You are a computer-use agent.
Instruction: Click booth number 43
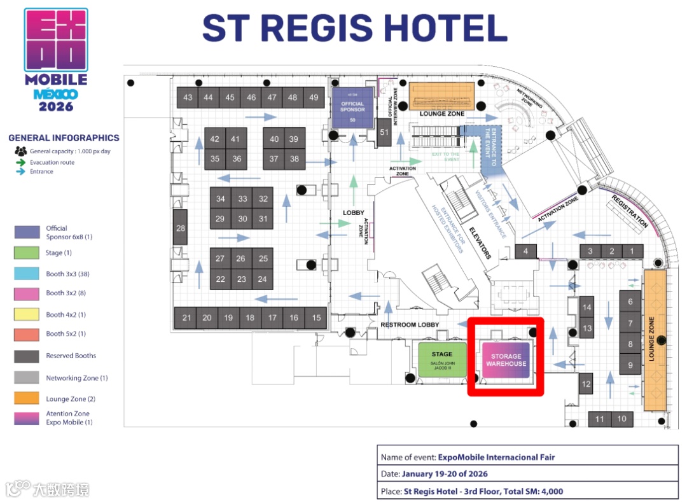[188, 97]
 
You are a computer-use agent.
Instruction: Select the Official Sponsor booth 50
[352, 108]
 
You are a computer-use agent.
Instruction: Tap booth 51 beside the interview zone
[384, 132]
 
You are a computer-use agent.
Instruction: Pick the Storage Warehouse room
[506, 360]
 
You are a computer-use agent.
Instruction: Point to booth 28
[181, 228]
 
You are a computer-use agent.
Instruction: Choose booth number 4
[525, 251]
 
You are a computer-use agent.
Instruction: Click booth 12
[586, 384]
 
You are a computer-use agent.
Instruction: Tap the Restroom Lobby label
[410, 324]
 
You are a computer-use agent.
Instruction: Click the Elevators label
[480, 242]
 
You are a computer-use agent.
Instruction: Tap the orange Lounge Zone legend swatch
[27, 399]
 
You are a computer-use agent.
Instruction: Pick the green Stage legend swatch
[27, 253]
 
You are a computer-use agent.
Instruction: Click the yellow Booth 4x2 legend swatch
[27, 314]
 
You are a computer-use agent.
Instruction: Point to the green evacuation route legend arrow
[21, 162]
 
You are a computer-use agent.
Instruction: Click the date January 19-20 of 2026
[445, 474]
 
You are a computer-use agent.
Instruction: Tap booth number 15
[317, 317]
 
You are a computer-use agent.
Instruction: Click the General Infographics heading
[64, 137]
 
